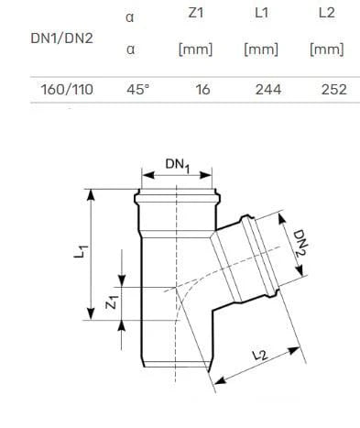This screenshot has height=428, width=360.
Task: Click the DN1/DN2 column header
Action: pos(62,38)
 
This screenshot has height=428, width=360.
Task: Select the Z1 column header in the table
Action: pos(196,13)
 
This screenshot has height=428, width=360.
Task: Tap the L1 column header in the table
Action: pos(261,13)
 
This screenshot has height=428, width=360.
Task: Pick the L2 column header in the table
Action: pos(327,13)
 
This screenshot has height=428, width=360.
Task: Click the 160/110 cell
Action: pos(67,90)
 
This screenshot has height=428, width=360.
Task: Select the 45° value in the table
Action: pos(138,90)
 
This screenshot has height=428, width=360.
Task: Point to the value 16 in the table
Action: pos(202,90)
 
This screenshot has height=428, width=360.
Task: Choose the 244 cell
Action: pos(268,90)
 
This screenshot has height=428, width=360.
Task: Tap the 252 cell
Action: pos(334,90)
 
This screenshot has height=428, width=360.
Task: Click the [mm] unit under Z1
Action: pos(196,49)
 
